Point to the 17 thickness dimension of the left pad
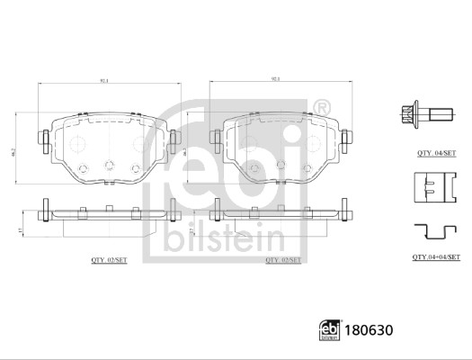pyautogui.click(x=19, y=229)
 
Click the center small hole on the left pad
pyautogui.click(x=109, y=164)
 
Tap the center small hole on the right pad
pyautogui.click(x=280, y=164)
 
